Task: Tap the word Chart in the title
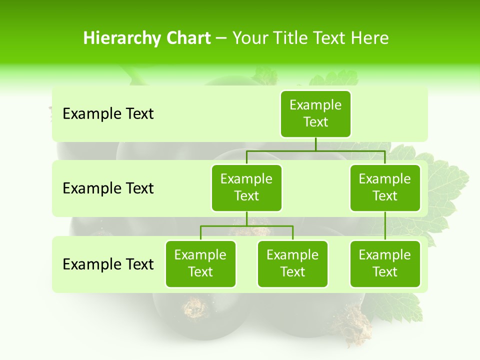tap(186, 38)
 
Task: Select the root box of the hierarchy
tap(315, 113)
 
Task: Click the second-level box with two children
tap(246, 187)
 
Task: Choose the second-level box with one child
tap(385, 187)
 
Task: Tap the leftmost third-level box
tap(200, 263)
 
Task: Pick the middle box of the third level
tap(292, 263)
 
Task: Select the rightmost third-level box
tap(385, 263)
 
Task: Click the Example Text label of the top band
tap(108, 114)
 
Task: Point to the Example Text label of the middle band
tap(108, 188)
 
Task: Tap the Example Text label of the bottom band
tap(108, 264)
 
